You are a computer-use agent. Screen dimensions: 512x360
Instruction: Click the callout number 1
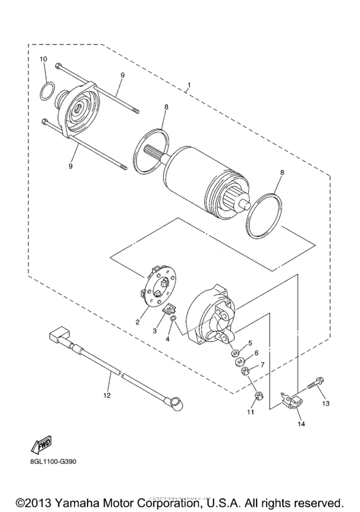tap(189, 85)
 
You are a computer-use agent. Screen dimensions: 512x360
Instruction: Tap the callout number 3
tap(154, 330)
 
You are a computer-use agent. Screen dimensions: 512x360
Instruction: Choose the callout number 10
tap(44, 59)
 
